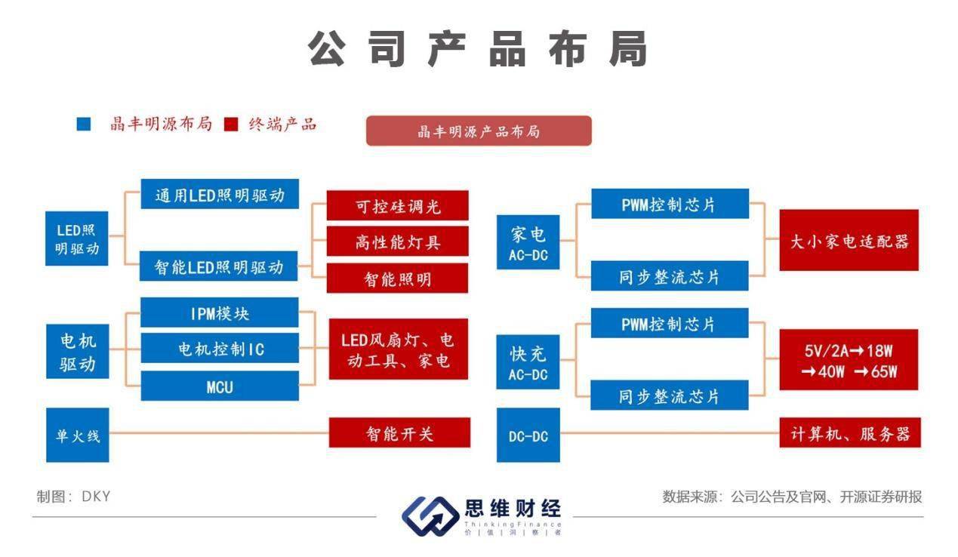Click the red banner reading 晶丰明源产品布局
479,131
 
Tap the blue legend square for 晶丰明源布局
84,124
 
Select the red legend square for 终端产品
232,124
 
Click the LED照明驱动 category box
77,239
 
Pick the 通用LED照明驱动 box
220,195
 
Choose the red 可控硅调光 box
397,205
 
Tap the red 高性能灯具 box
397,242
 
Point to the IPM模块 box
220,313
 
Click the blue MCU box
220,386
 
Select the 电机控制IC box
220,349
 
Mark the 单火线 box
77,435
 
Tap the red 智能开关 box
399,433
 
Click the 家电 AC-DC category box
528,242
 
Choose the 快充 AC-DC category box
528,362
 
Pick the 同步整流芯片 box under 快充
669,396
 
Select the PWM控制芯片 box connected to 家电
669,204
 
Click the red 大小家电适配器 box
849,241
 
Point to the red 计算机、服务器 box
849,433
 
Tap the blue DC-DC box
528,435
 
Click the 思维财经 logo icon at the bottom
428,515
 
